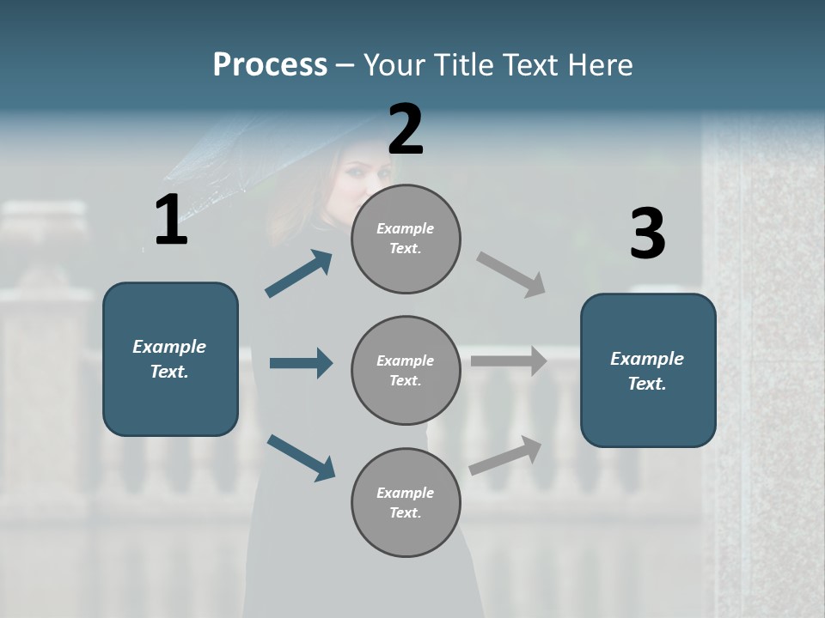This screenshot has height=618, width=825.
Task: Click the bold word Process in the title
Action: (270, 65)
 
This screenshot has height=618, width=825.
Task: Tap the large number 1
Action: (171, 221)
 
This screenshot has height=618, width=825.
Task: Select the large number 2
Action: (406, 130)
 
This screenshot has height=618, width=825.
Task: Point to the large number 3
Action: (647, 233)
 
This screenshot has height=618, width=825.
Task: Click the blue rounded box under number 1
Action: (170, 359)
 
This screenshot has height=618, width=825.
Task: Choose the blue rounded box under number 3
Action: (648, 371)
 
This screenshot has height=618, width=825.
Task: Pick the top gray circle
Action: (406, 239)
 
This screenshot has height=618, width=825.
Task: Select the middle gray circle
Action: (406, 370)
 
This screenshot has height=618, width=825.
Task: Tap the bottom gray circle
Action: (406, 502)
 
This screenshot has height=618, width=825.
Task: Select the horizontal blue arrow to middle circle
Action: (301, 363)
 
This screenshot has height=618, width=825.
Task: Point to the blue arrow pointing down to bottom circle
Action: (301, 457)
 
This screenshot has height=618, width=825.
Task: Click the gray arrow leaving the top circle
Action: (511, 275)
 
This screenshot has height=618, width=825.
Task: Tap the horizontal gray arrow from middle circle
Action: (509, 361)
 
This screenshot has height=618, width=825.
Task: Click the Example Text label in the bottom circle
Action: (406, 502)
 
